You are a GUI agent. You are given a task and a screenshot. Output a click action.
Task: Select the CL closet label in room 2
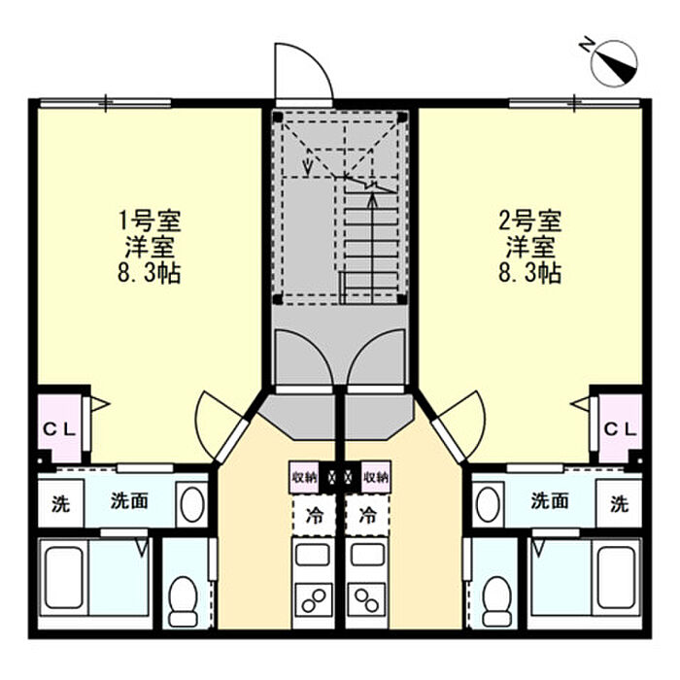(x=621, y=428)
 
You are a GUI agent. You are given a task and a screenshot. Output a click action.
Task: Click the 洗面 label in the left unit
(x=128, y=502)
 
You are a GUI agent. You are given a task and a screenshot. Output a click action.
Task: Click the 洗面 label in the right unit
(x=550, y=502)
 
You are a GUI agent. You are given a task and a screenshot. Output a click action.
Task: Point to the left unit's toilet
(x=183, y=598)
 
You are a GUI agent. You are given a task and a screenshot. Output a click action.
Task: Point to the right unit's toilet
(x=496, y=598)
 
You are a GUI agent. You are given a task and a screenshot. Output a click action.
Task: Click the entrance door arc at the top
(x=302, y=72)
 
